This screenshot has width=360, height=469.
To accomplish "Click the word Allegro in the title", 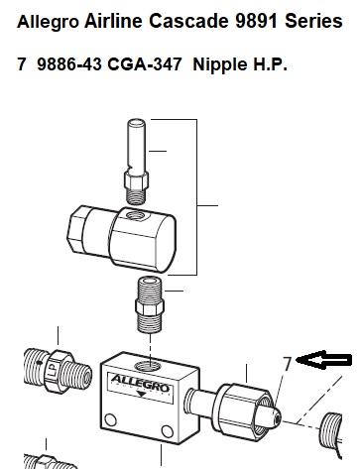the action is (x=48, y=22).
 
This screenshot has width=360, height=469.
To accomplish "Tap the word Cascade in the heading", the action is (x=188, y=21).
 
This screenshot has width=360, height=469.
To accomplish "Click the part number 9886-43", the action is (x=69, y=63).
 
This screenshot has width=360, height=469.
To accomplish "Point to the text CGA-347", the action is (x=145, y=63).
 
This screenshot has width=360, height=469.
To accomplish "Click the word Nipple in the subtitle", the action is (x=220, y=64).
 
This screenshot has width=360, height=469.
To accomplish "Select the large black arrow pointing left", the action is (x=323, y=360).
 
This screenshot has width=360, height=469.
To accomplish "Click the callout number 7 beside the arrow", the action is (x=287, y=364).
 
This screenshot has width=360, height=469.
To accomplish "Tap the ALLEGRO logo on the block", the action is (x=140, y=383).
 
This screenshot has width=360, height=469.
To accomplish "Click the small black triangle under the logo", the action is (x=142, y=394).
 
